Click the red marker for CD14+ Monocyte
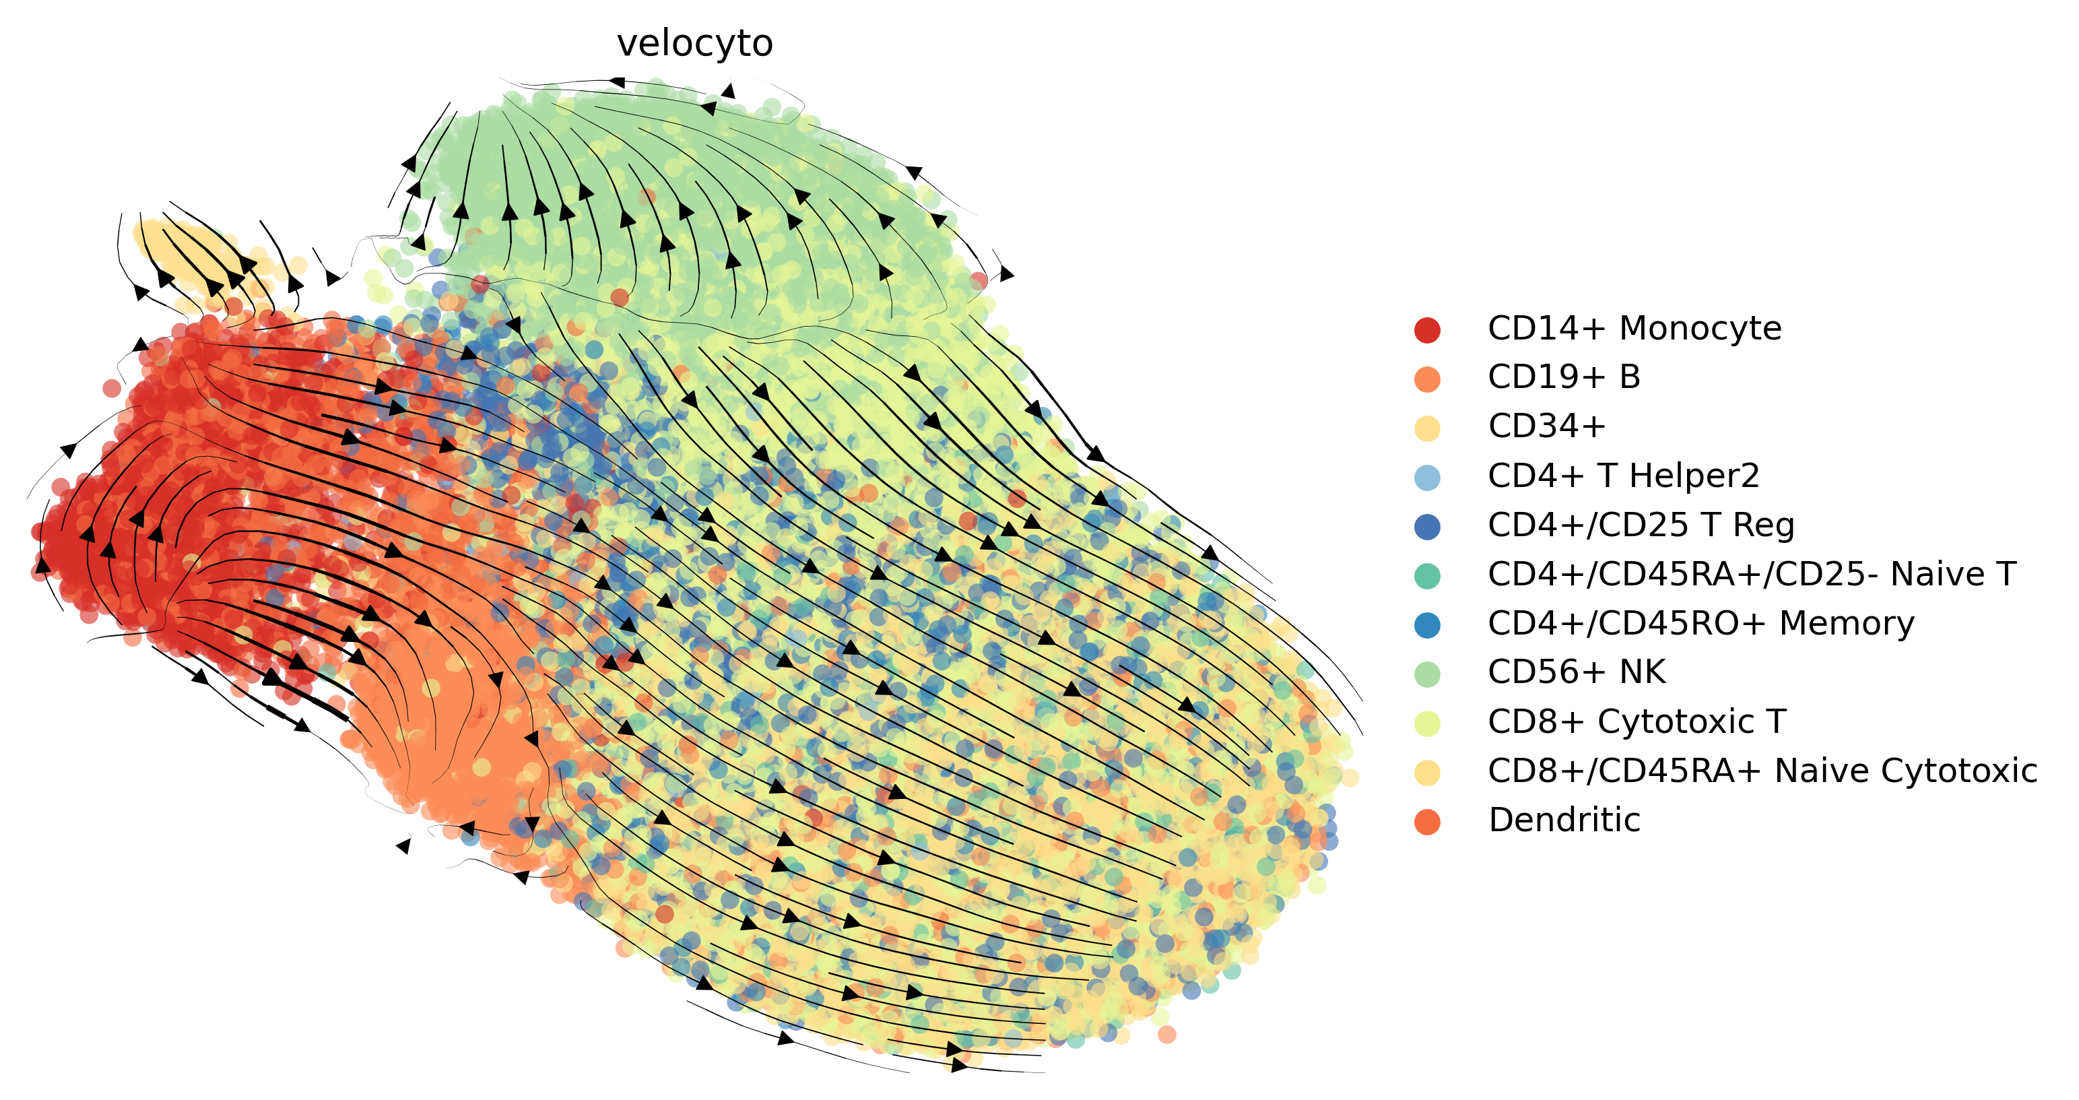click(1427, 329)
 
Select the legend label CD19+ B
click(1563, 377)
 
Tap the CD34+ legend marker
click(1427, 428)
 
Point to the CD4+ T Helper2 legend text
click(1623, 476)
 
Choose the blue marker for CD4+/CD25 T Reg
click(1427, 526)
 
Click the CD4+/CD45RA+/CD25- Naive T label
click(1751, 575)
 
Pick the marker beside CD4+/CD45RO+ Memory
click(1427, 624)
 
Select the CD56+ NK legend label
click(1576, 672)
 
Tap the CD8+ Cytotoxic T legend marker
click(1427, 723)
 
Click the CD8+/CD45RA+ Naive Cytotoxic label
click(1762, 771)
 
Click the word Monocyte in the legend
click(1700, 329)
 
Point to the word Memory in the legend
click(1847, 624)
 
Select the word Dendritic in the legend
click(1564, 820)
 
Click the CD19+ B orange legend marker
click(1427, 379)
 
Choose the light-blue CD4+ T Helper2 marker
click(1427, 477)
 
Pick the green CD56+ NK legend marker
click(1427, 674)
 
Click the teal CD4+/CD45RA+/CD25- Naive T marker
click(1427, 575)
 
